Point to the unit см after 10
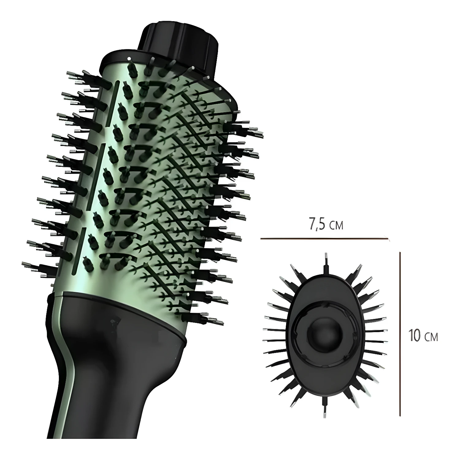point(431,337)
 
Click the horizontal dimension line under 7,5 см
point(325,238)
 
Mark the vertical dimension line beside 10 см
point(400,334)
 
